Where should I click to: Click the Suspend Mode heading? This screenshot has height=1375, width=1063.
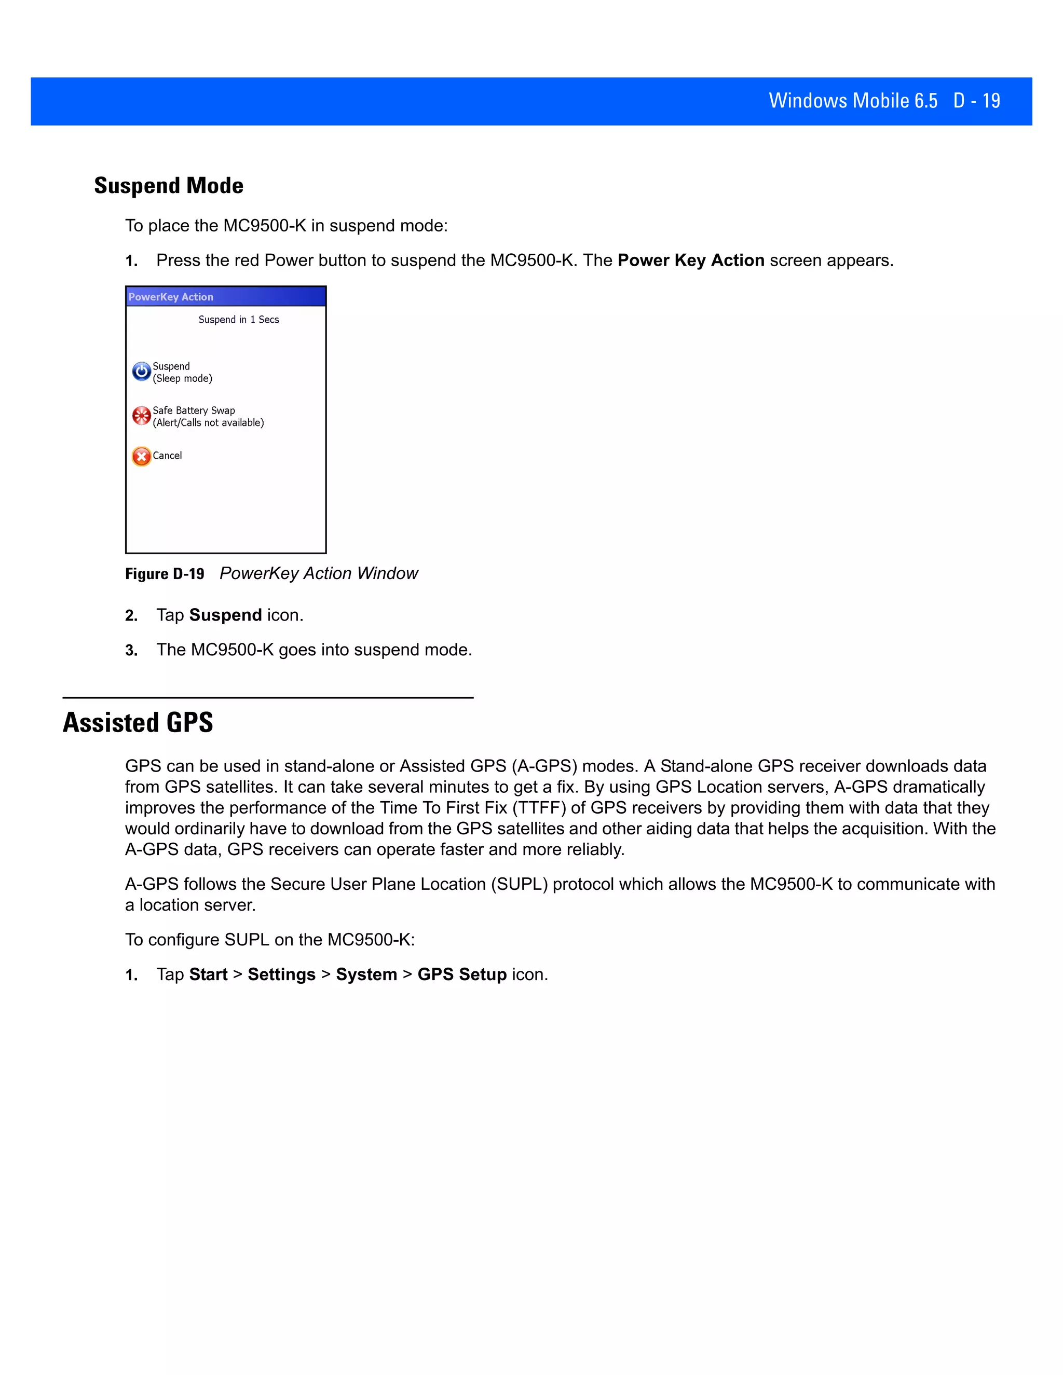[x=168, y=186]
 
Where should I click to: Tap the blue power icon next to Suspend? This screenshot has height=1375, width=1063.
[x=141, y=372]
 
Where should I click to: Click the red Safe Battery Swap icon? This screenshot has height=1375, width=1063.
[x=141, y=416]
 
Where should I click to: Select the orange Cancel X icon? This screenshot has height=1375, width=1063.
[x=141, y=456]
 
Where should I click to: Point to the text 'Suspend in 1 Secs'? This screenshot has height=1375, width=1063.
[x=239, y=320]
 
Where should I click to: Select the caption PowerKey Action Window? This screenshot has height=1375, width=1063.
[x=319, y=573]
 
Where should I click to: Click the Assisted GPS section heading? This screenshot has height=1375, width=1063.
[x=138, y=723]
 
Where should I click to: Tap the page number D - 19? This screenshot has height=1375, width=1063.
[x=976, y=101]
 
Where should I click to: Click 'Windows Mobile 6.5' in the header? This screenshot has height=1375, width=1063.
[x=853, y=101]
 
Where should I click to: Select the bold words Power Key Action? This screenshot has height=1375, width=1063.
[x=691, y=260]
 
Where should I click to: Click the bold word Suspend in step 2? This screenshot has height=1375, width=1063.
[x=225, y=615]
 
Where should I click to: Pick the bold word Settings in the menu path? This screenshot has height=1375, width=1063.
[x=281, y=974]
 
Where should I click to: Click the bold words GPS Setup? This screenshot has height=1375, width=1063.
[x=461, y=974]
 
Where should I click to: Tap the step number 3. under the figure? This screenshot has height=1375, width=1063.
[x=131, y=650]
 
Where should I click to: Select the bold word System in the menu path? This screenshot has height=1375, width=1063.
[x=366, y=974]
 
